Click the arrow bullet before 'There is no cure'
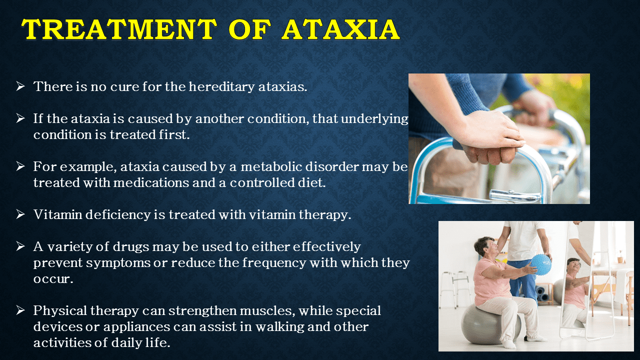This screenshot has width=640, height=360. pos(20,86)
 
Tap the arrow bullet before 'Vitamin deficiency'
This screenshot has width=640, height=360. pos(20,214)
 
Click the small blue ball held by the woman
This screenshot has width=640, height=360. pos(540,264)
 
